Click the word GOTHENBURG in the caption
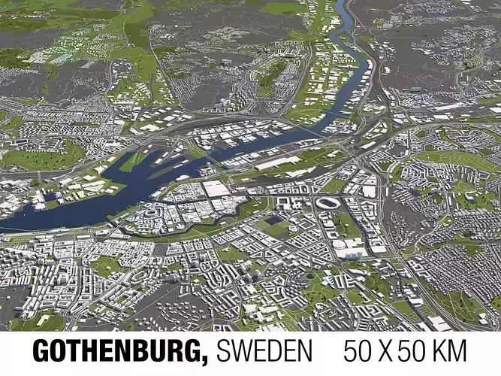pyautogui.click(x=120, y=351)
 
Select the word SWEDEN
pyautogui.click(x=264, y=351)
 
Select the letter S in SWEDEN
pyautogui.click(x=224, y=351)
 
